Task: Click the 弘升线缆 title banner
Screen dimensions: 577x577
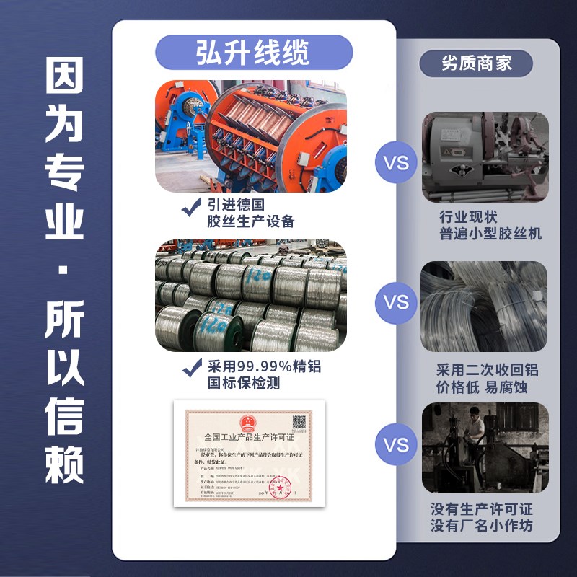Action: [253, 53]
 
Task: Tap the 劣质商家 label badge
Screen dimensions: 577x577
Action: [476, 63]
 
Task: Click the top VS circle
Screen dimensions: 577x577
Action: [396, 164]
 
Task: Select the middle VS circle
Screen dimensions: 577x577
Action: [396, 302]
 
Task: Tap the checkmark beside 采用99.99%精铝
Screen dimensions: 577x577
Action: [190, 369]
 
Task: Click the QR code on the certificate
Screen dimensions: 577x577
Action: [299, 422]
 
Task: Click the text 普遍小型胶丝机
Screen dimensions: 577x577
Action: [490, 234]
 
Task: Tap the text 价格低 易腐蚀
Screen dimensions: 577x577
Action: [483, 387]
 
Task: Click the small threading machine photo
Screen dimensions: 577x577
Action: [485, 155]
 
